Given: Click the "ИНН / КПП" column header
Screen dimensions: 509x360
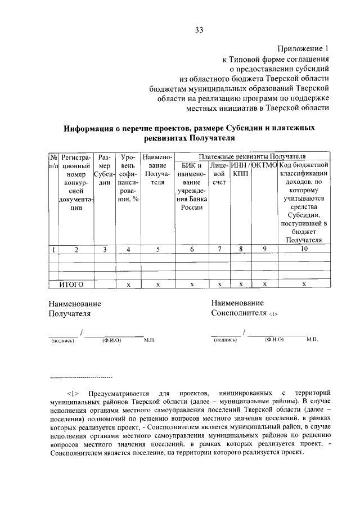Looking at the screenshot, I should click(x=240, y=169).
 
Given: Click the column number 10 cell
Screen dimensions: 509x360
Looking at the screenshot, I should click(x=303, y=250).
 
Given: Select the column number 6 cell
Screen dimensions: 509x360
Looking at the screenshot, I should click(x=192, y=250).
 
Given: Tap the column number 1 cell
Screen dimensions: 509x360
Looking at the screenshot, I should click(x=53, y=250).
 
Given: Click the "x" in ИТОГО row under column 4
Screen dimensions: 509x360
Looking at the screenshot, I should click(x=128, y=285).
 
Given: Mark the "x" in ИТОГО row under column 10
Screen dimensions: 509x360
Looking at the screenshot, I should click(x=303, y=285).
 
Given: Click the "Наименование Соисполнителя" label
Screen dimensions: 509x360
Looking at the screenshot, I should click(x=245, y=308).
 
